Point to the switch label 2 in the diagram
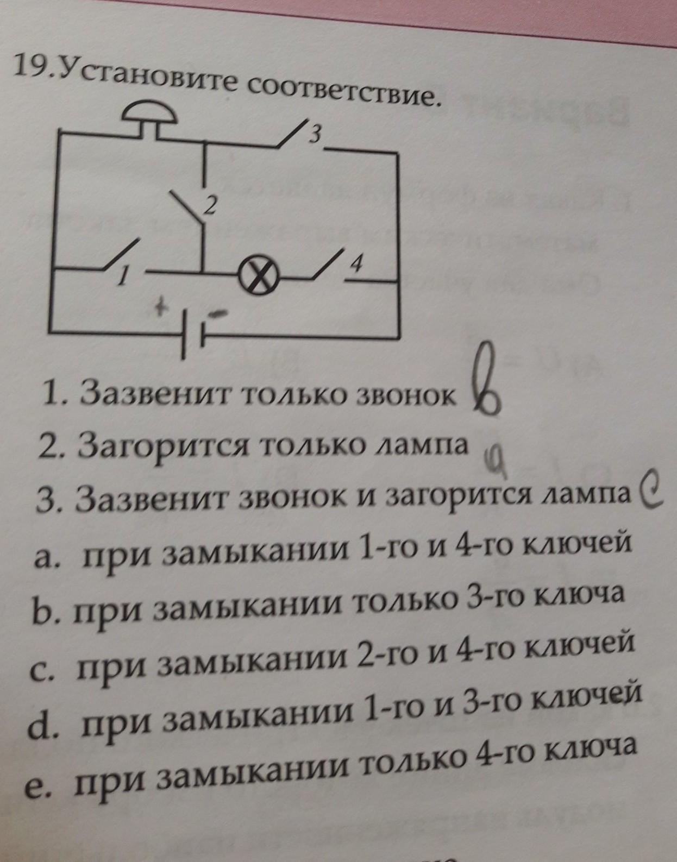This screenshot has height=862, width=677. coord(210,205)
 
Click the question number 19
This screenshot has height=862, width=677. coord(31,67)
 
